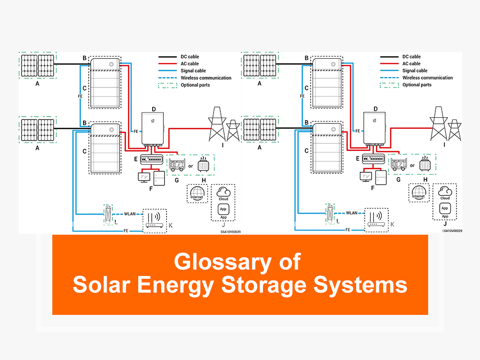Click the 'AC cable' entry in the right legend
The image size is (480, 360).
click(x=411, y=64)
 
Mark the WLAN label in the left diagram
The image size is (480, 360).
click(x=130, y=213)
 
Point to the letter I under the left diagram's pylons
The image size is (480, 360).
click(x=223, y=144)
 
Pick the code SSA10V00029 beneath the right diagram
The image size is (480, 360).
click(x=452, y=231)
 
